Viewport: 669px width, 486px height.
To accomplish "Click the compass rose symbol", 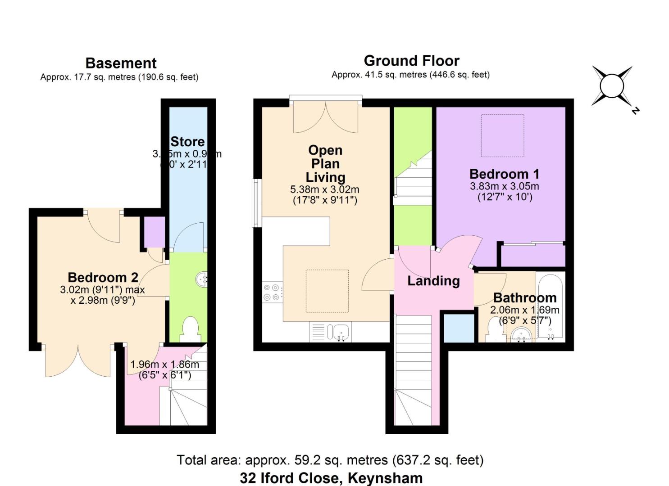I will point(612,85).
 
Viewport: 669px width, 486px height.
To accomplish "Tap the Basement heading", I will point(121,63).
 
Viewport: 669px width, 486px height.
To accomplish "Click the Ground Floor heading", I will point(411,61).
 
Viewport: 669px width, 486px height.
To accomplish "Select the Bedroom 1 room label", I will point(504,174).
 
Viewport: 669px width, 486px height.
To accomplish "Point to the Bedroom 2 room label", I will point(103,277).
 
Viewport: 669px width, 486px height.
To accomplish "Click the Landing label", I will point(433,281).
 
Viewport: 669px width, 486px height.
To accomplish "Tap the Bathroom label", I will point(524,297).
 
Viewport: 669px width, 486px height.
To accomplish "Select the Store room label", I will point(187,142).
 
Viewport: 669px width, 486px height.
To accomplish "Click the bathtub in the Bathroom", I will point(550,306).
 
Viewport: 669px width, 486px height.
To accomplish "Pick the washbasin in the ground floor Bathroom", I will point(522,334).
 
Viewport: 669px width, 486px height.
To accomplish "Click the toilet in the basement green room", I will point(191,328).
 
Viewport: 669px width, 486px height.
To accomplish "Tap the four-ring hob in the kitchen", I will point(273,292).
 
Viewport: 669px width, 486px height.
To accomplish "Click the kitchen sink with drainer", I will point(331,333).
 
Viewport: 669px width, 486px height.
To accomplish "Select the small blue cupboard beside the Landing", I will point(459,328).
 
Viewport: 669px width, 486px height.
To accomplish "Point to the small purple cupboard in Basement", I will point(155,232).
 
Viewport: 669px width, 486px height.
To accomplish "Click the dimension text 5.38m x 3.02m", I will point(324,190).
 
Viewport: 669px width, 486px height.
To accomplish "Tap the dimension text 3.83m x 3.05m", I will point(504,186).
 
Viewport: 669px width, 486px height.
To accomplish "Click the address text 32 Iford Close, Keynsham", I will point(331,477).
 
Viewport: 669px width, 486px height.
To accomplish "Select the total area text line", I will point(330,460).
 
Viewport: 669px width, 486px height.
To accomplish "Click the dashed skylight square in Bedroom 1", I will point(502,135).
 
